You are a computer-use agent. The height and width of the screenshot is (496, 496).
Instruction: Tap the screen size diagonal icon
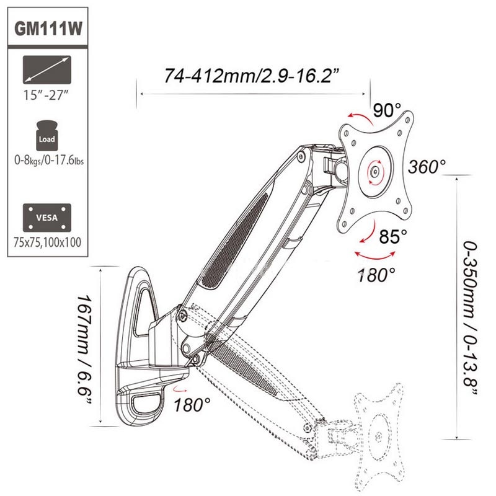pos(47,70)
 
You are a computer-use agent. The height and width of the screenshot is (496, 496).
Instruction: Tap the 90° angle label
pos(387,110)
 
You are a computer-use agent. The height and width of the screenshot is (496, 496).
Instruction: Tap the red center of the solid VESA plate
pos(375,169)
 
